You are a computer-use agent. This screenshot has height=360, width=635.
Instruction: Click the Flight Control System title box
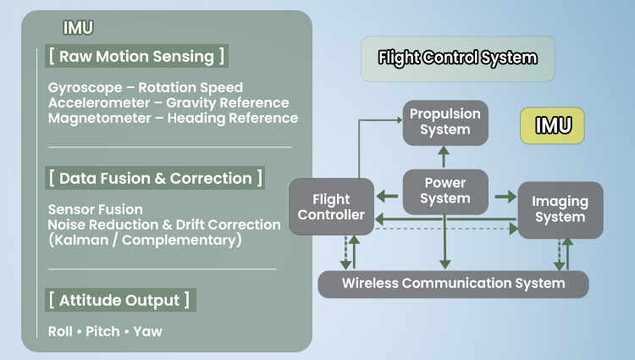(457, 58)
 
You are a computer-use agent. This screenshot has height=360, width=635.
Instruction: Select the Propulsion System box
(444, 121)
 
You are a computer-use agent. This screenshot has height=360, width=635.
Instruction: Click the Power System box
(444, 191)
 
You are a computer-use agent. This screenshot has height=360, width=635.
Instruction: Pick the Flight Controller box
(331, 207)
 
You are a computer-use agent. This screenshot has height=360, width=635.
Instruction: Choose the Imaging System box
(559, 209)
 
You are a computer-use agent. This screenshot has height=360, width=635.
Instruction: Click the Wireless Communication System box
(453, 283)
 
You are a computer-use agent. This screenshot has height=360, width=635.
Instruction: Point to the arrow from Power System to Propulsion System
(444, 155)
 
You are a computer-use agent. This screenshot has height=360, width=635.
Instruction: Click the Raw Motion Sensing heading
(136, 57)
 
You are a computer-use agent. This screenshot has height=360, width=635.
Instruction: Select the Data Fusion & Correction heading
(155, 179)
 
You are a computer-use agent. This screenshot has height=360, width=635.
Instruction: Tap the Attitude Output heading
(119, 301)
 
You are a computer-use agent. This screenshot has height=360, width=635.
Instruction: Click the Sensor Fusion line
(96, 209)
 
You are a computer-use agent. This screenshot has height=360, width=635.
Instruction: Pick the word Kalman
(80, 240)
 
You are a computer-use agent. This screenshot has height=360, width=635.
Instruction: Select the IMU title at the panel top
(80, 27)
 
